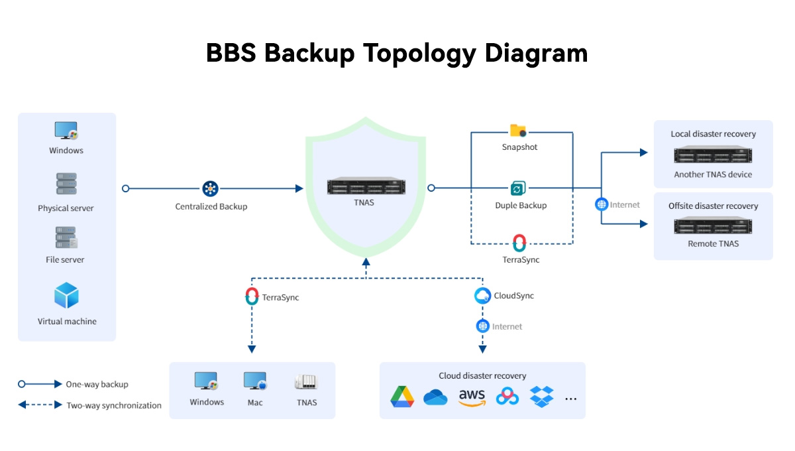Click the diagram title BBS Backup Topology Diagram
[397, 53]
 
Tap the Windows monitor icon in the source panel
[66, 131]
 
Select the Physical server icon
[66, 184]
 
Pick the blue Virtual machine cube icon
[66, 296]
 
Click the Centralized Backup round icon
[211, 188]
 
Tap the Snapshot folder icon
[518, 131]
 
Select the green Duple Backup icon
[518, 188]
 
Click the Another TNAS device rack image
[713, 156]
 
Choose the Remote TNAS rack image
[713, 227]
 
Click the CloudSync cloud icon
[483, 296]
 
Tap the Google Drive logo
[401, 397]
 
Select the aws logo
[472, 397]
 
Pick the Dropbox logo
[542, 397]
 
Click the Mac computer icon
[255, 381]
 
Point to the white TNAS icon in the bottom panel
[306, 382]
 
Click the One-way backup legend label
[97, 384]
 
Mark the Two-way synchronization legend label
[113, 405]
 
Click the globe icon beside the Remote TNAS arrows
[602, 204]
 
